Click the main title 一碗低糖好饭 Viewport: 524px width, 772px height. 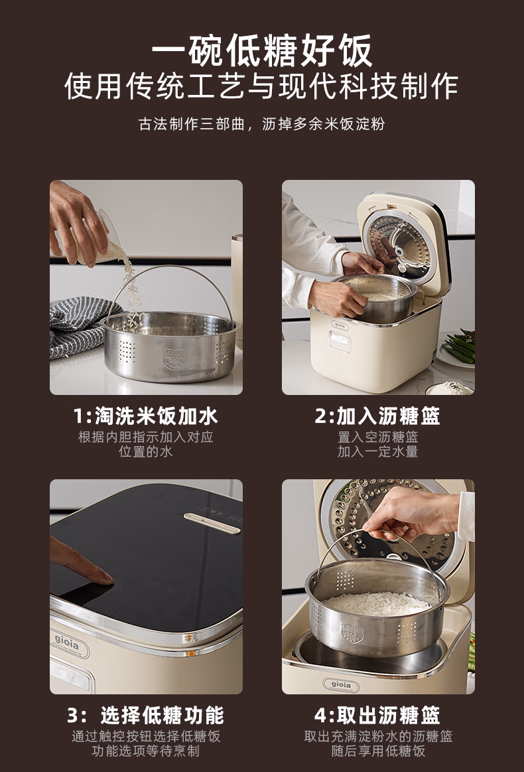[x=262, y=50]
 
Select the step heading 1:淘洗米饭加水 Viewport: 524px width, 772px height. [x=146, y=416]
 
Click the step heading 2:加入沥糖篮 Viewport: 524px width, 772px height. [x=377, y=416]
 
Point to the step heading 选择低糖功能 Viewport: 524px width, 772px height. [x=163, y=716]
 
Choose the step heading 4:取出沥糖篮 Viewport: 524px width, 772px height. [x=377, y=716]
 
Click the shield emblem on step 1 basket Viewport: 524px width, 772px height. [x=175, y=358]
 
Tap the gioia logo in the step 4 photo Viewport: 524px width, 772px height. [x=341, y=685]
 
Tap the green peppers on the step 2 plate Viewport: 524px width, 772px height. [x=460, y=347]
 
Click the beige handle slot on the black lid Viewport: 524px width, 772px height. [x=212, y=523]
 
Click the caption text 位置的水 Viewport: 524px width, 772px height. [x=146, y=451]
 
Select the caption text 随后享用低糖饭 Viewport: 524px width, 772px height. [x=378, y=751]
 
